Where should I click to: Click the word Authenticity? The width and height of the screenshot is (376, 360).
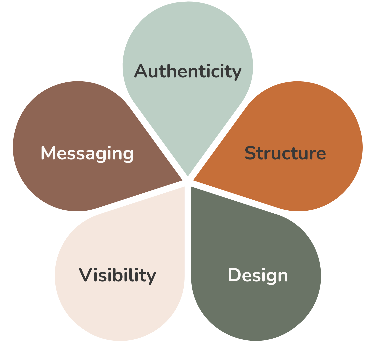point(188,71)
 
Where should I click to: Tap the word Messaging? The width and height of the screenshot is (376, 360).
point(87,153)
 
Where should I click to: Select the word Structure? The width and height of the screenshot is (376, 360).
point(285,153)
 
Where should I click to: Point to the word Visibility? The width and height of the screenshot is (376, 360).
point(117,275)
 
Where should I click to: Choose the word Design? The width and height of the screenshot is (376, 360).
point(258,276)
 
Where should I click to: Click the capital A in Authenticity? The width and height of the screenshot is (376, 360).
point(141,71)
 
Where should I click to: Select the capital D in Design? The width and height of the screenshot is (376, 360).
point(235,275)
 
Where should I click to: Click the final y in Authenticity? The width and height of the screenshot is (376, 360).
point(237,73)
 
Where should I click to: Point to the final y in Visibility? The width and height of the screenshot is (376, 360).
point(152,277)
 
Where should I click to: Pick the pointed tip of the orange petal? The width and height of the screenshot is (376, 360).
point(194,181)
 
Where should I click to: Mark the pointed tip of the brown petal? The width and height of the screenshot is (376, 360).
point(182,180)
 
